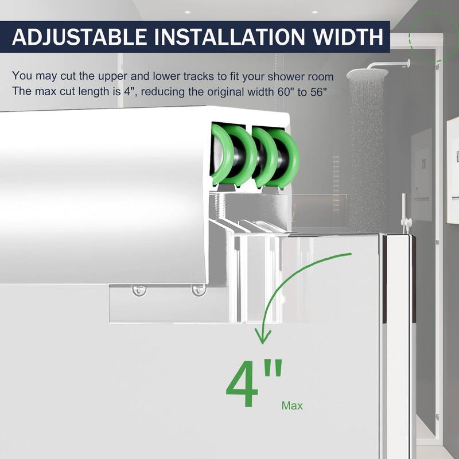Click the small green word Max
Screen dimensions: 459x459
(x=292, y=406)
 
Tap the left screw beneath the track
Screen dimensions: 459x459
(x=138, y=290)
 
